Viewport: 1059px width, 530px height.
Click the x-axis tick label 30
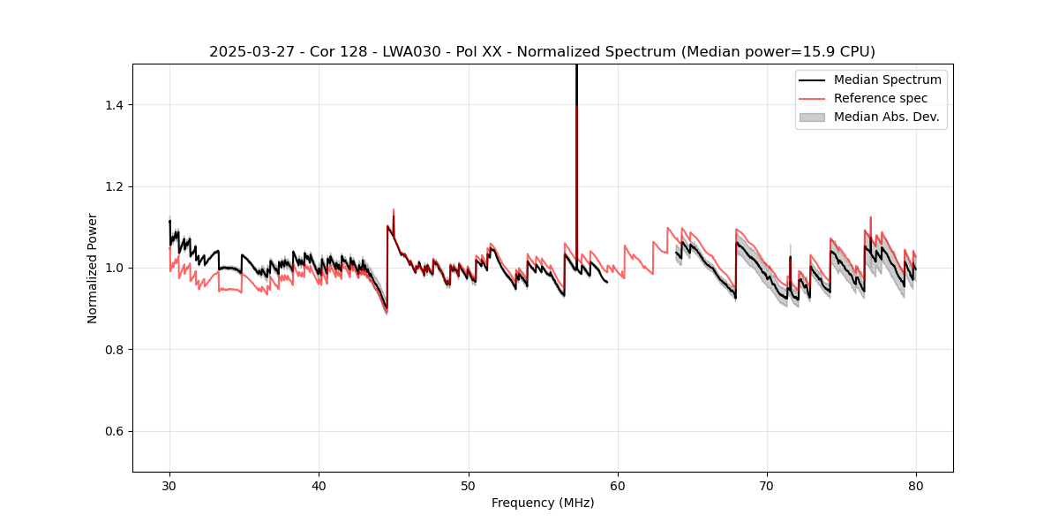(x=169, y=485)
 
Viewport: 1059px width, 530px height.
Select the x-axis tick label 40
(x=319, y=485)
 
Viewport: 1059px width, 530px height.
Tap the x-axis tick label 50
(x=469, y=485)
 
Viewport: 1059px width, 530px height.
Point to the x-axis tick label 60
(x=618, y=485)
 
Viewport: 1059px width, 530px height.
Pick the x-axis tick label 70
(x=767, y=485)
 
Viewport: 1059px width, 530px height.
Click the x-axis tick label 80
(x=916, y=485)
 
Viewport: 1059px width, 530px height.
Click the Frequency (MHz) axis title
(x=543, y=503)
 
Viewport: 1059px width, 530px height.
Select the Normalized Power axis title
(x=93, y=268)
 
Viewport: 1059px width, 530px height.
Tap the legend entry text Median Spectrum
(x=887, y=79)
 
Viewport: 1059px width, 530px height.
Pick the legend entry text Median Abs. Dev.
(x=887, y=117)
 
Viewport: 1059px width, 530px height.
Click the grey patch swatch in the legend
(x=812, y=117)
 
